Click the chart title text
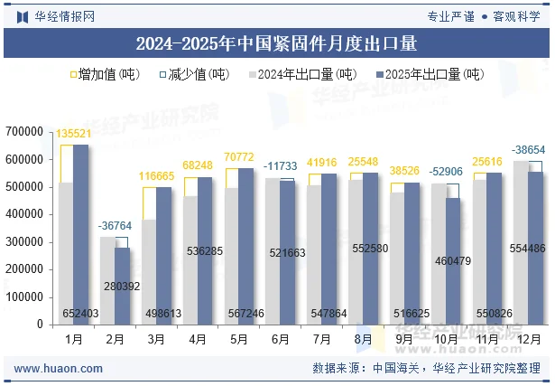(x=276, y=42)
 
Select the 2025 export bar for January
(x=81, y=235)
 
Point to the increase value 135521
(x=74, y=134)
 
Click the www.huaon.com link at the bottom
(x=59, y=368)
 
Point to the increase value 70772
(x=238, y=157)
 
